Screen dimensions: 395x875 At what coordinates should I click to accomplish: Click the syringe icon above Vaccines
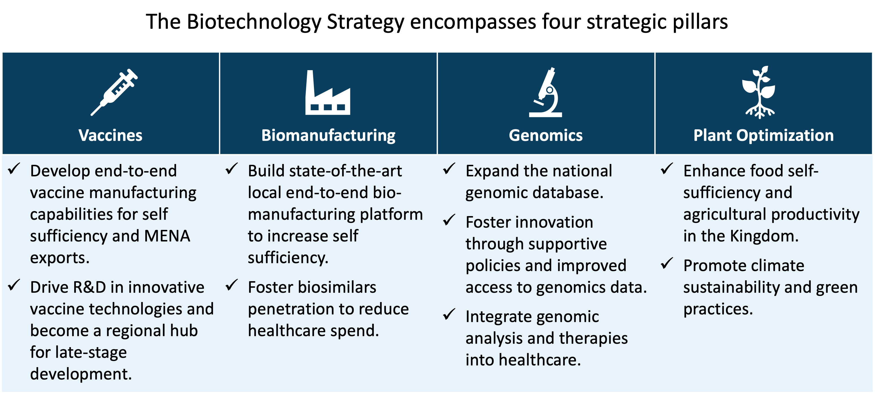(x=114, y=92)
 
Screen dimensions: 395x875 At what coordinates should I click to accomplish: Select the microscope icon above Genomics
(x=546, y=93)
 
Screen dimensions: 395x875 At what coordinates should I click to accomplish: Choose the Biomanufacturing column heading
(x=328, y=136)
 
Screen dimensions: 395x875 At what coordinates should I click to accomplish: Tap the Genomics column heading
(x=546, y=136)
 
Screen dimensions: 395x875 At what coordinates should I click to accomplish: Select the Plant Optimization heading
(x=763, y=136)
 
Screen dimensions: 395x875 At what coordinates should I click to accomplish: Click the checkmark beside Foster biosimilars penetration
(x=232, y=285)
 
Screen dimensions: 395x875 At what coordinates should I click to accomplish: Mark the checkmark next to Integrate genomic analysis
(x=449, y=315)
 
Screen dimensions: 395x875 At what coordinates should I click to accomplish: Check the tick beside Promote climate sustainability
(x=667, y=264)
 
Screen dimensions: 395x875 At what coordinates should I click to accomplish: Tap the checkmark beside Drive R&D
(x=14, y=285)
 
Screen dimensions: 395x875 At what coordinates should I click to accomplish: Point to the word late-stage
(x=91, y=352)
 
